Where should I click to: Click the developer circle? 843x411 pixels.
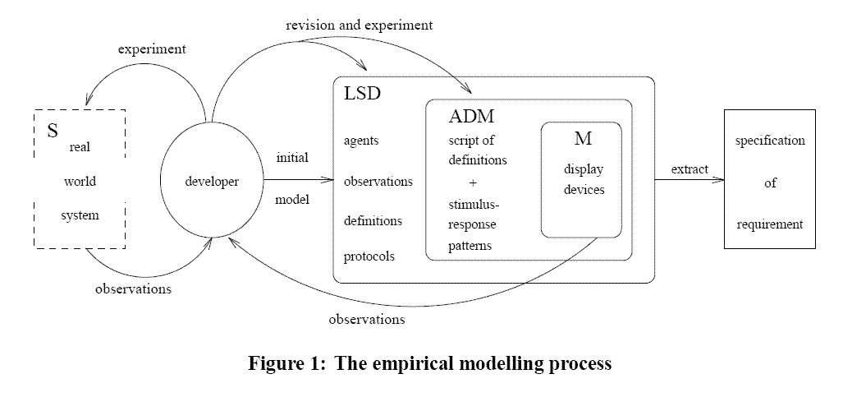pos(211,182)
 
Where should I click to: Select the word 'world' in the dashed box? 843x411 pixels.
pos(80,181)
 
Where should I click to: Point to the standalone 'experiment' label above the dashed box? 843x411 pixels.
pos(152,48)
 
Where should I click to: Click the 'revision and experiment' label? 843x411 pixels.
pos(360,25)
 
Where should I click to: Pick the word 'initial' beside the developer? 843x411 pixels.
pos(292,158)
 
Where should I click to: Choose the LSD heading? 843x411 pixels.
pos(362,95)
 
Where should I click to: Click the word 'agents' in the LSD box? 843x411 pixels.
pos(362,141)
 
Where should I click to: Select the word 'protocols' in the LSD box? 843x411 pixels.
pos(369,256)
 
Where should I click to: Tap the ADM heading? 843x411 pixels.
pos(471,116)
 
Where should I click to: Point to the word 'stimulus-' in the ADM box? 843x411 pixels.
pos(473,203)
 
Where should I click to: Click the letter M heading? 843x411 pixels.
pos(583,140)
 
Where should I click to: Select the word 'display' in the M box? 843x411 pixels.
pos(583,169)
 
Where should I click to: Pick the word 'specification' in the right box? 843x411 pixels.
pos(770,141)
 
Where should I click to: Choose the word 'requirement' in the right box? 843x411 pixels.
pos(770,224)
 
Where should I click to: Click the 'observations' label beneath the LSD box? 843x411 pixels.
pos(366,317)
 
